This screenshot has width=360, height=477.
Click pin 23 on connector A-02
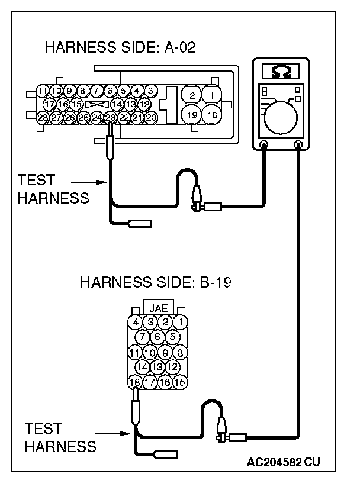(111, 117)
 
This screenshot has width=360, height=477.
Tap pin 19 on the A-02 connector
(191, 114)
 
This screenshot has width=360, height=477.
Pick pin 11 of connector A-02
(42, 91)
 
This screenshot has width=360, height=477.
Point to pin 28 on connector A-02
(42, 117)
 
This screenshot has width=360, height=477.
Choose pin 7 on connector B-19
(143, 337)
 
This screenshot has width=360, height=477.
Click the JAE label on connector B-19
(158, 308)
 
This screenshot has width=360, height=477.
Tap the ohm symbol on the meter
(281, 71)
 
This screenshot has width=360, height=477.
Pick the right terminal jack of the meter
(298, 144)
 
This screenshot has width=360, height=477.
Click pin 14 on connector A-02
(117, 104)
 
